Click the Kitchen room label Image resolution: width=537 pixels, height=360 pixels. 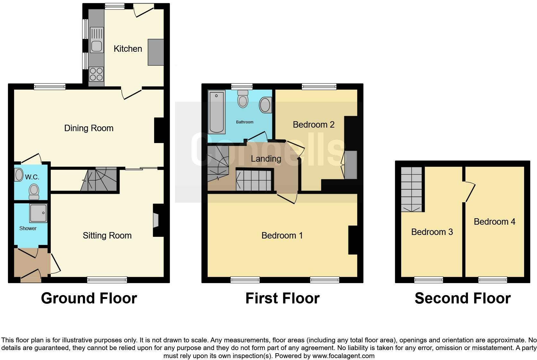pos(128,49)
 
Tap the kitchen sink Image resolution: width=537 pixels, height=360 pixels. pos(96,41)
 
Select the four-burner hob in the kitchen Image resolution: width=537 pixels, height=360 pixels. pos(96,74)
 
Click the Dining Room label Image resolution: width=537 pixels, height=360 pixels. pos(89,128)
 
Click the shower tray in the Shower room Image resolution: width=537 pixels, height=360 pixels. pos(39,213)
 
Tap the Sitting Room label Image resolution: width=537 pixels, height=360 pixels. pos(107,236)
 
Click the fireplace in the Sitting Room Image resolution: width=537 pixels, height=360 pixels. pos(156,221)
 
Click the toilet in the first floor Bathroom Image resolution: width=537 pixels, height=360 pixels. pos(243,99)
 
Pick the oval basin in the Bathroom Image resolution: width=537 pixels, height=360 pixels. pos(265,105)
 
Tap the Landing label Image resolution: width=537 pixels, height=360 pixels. pos(266,158)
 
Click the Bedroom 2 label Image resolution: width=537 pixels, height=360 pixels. pos(313,124)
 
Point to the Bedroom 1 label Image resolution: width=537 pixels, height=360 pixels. pos(282,236)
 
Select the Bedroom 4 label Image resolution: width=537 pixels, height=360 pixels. pos(494,222)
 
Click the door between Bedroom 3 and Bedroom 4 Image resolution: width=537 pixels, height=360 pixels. pos(469,192)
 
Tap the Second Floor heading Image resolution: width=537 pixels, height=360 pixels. pos(462,298)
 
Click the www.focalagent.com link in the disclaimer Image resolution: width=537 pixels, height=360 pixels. pos(343,356)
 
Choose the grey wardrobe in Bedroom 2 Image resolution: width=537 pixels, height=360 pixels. pos(351,165)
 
